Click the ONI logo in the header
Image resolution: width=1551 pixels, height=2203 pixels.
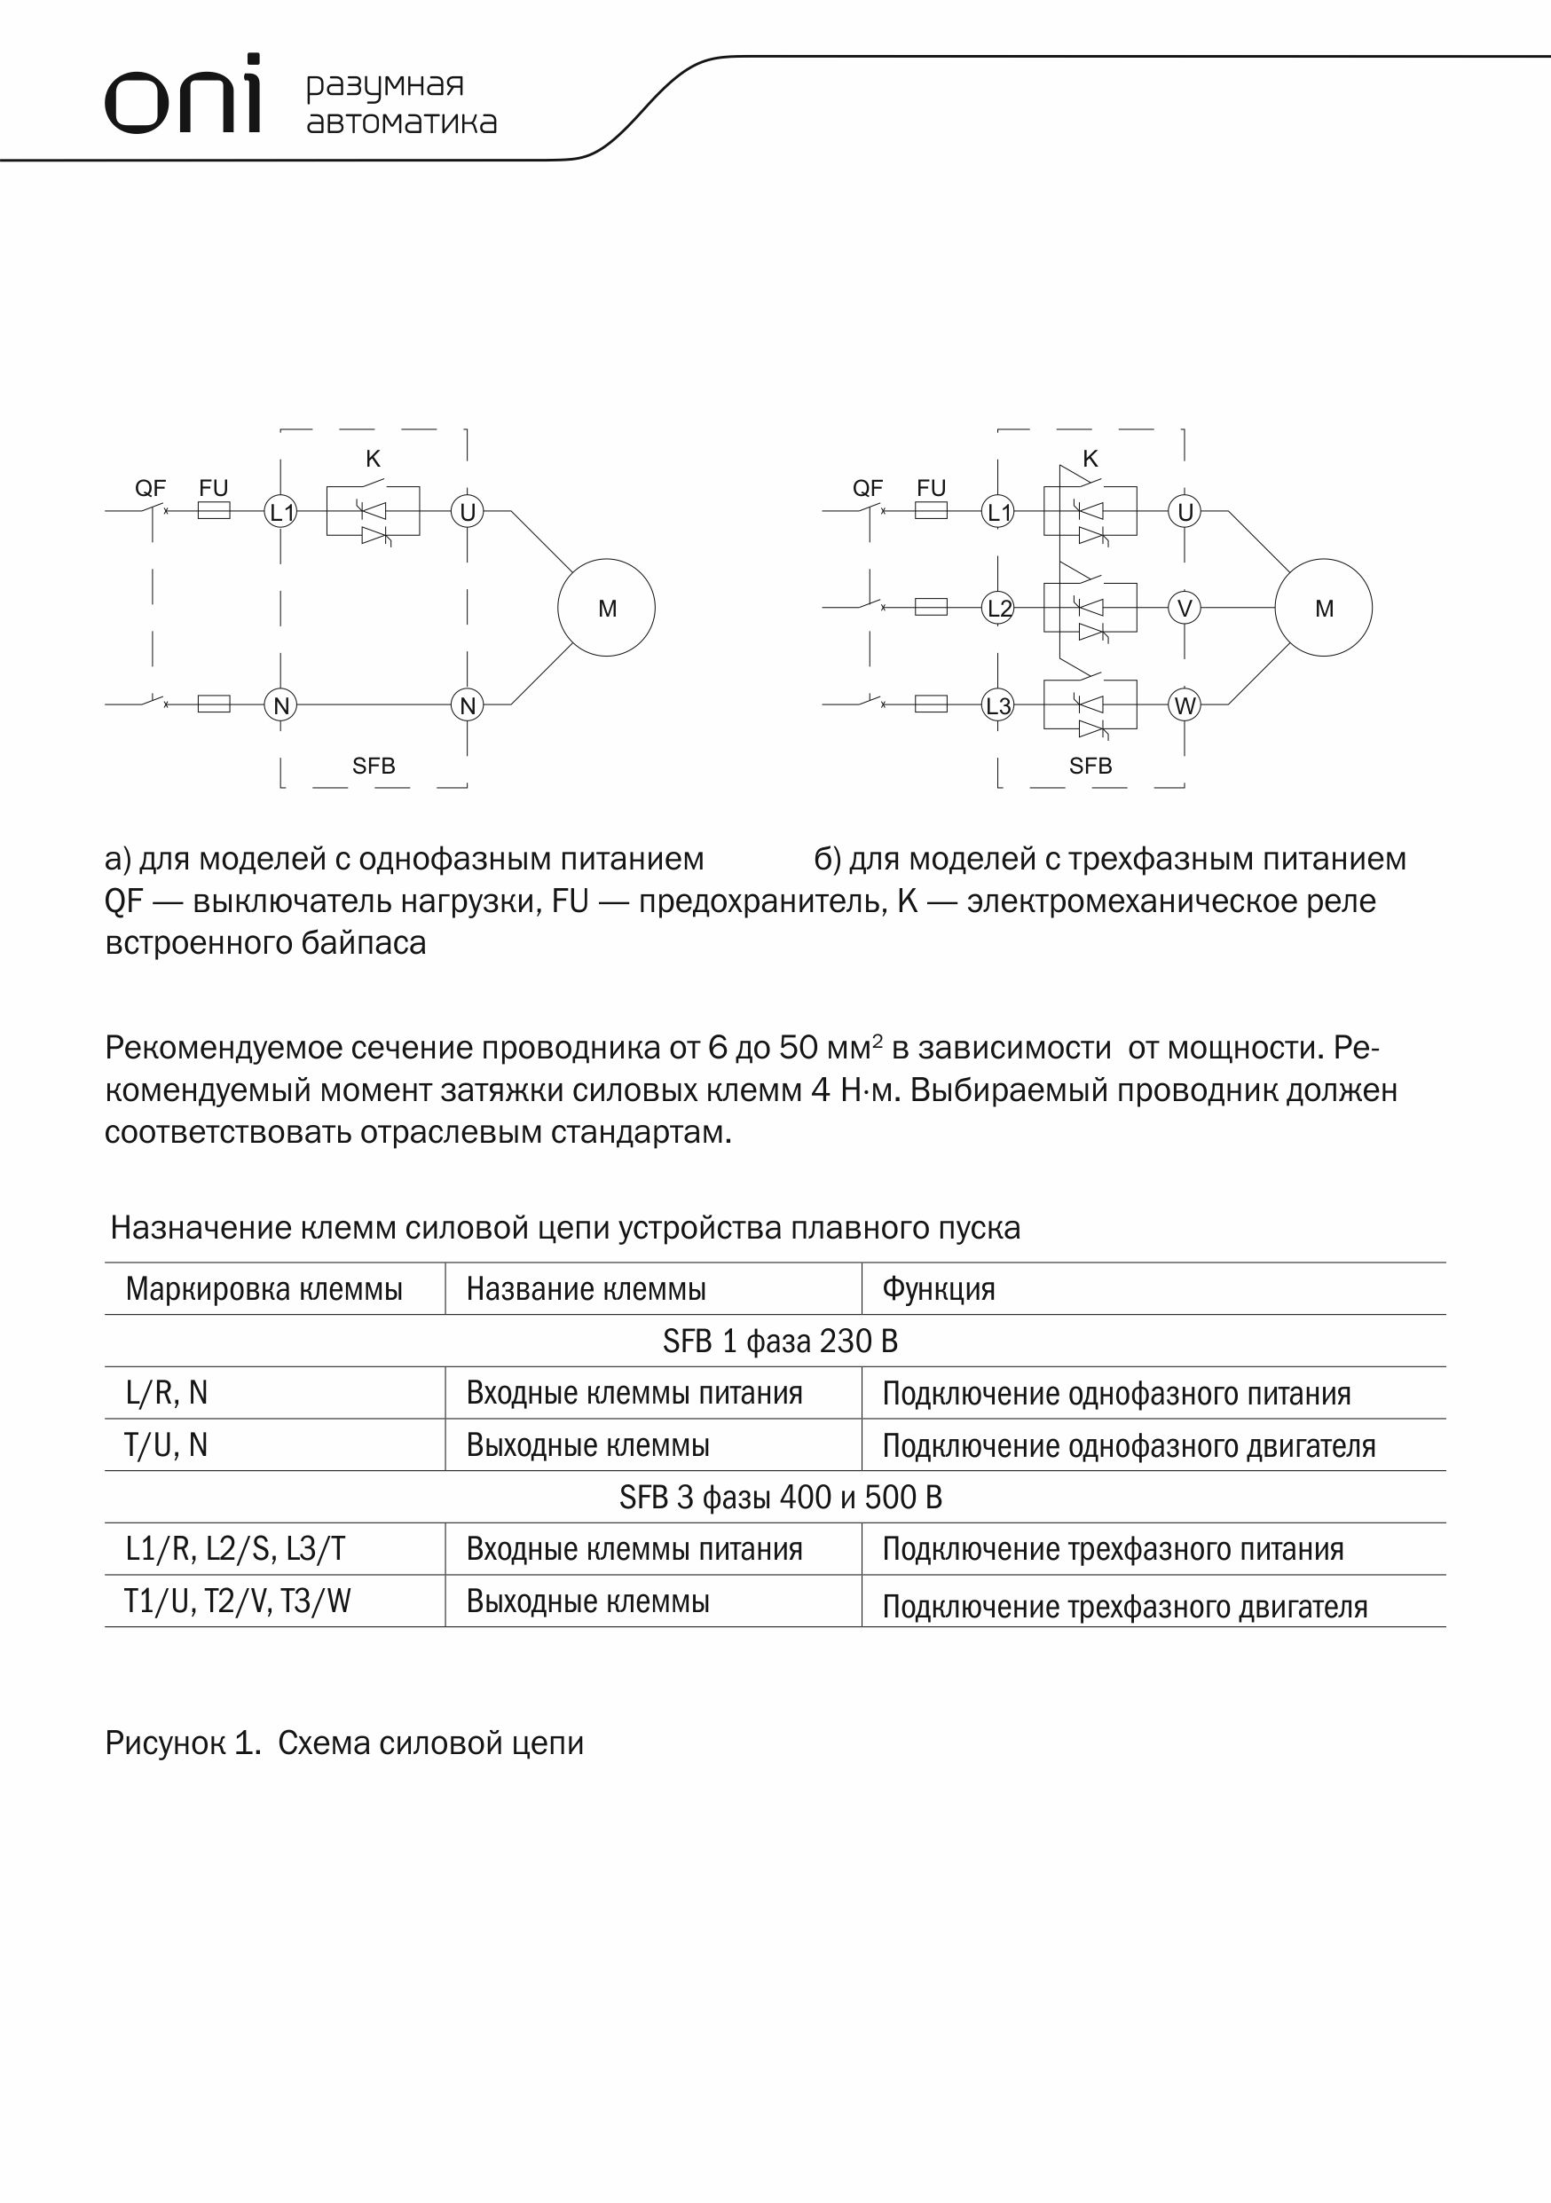(x=183, y=95)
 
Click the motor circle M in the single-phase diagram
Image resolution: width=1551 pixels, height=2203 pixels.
(x=607, y=608)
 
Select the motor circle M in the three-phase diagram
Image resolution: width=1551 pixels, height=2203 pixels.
(x=1324, y=608)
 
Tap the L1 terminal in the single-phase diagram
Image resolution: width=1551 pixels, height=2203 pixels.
(x=281, y=512)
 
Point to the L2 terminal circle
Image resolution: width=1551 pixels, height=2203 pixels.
(x=999, y=608)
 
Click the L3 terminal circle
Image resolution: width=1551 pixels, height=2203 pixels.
(x=999, y=706)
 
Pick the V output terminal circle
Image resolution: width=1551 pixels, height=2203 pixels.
(x=1185, y=608)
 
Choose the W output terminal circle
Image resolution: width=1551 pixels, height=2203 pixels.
(x=1185, y=706)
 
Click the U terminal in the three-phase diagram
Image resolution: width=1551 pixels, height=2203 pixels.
(x=1185, y=512)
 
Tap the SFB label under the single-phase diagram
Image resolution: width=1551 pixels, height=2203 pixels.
(x=374, y=766)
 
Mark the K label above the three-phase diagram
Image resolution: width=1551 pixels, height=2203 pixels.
(x=1090, y=459)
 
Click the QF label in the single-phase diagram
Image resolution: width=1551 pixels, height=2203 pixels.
(x=151, y=488)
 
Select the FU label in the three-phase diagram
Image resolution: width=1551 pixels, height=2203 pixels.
(x=931, y=487)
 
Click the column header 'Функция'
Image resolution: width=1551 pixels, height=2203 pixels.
(x=939, y=1288)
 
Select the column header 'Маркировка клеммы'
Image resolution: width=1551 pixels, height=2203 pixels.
(x=264, y=1288)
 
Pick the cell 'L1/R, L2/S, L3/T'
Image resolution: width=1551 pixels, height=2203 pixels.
(x=235, y=1548)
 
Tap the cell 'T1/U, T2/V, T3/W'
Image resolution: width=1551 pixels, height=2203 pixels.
(x=237, y=1601)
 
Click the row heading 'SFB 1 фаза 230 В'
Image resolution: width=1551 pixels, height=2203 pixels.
(x=779, y=1341)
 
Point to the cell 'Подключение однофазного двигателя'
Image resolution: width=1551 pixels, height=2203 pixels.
(x=1129, y=1445)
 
